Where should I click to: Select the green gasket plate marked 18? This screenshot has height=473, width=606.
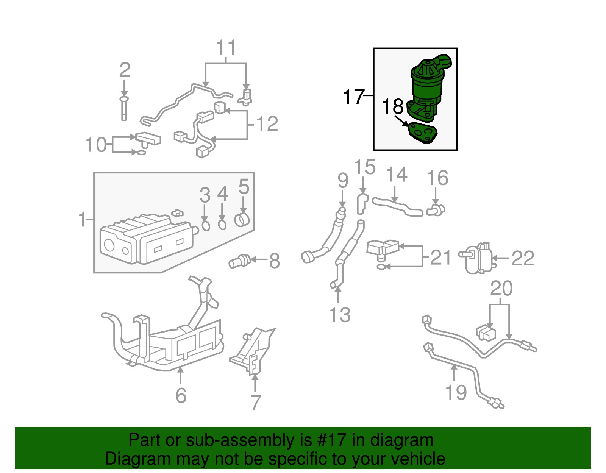pos(422,133)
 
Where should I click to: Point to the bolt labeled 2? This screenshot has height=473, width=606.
pos(124,108)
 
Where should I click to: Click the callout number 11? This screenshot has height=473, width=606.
pos(226,48)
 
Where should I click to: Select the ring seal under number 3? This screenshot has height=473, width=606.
pos(205,226)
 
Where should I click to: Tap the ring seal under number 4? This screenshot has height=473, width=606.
pos(222,225)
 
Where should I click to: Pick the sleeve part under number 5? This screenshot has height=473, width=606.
pos(242,220)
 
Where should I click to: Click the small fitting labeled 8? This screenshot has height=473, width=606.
pos(239,261)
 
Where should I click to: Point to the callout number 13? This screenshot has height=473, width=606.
pos(340,315)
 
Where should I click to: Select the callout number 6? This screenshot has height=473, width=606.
pos(181,395)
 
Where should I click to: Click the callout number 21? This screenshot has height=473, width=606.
pos(441,258)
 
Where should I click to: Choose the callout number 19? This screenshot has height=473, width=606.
pos(456,392)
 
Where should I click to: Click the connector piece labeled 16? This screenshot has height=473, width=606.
pos(436,210)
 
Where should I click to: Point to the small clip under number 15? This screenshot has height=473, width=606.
pos(362,203)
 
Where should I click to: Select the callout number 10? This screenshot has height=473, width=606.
pos(96,145)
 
